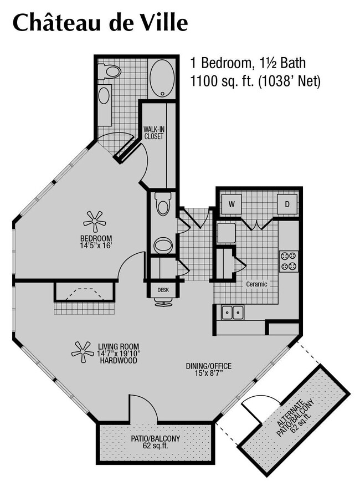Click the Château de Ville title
pyautogui.click(x=100, y=23)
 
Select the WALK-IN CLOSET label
pyautogui.click(x=154, y=132)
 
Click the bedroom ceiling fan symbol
pyautogui.click(x=95, y=221)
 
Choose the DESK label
pyautogui.click(x=163, y=290)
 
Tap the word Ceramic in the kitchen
pyautogui.click(x=257, y=284)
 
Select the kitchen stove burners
pyautogui.click(x=288, y=261)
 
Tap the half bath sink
pyautogui.click(x=163, y=245)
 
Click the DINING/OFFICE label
pyautogui.click(x=209, y=370)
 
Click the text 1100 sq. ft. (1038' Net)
pyautogui.click(x=255, y=82)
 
